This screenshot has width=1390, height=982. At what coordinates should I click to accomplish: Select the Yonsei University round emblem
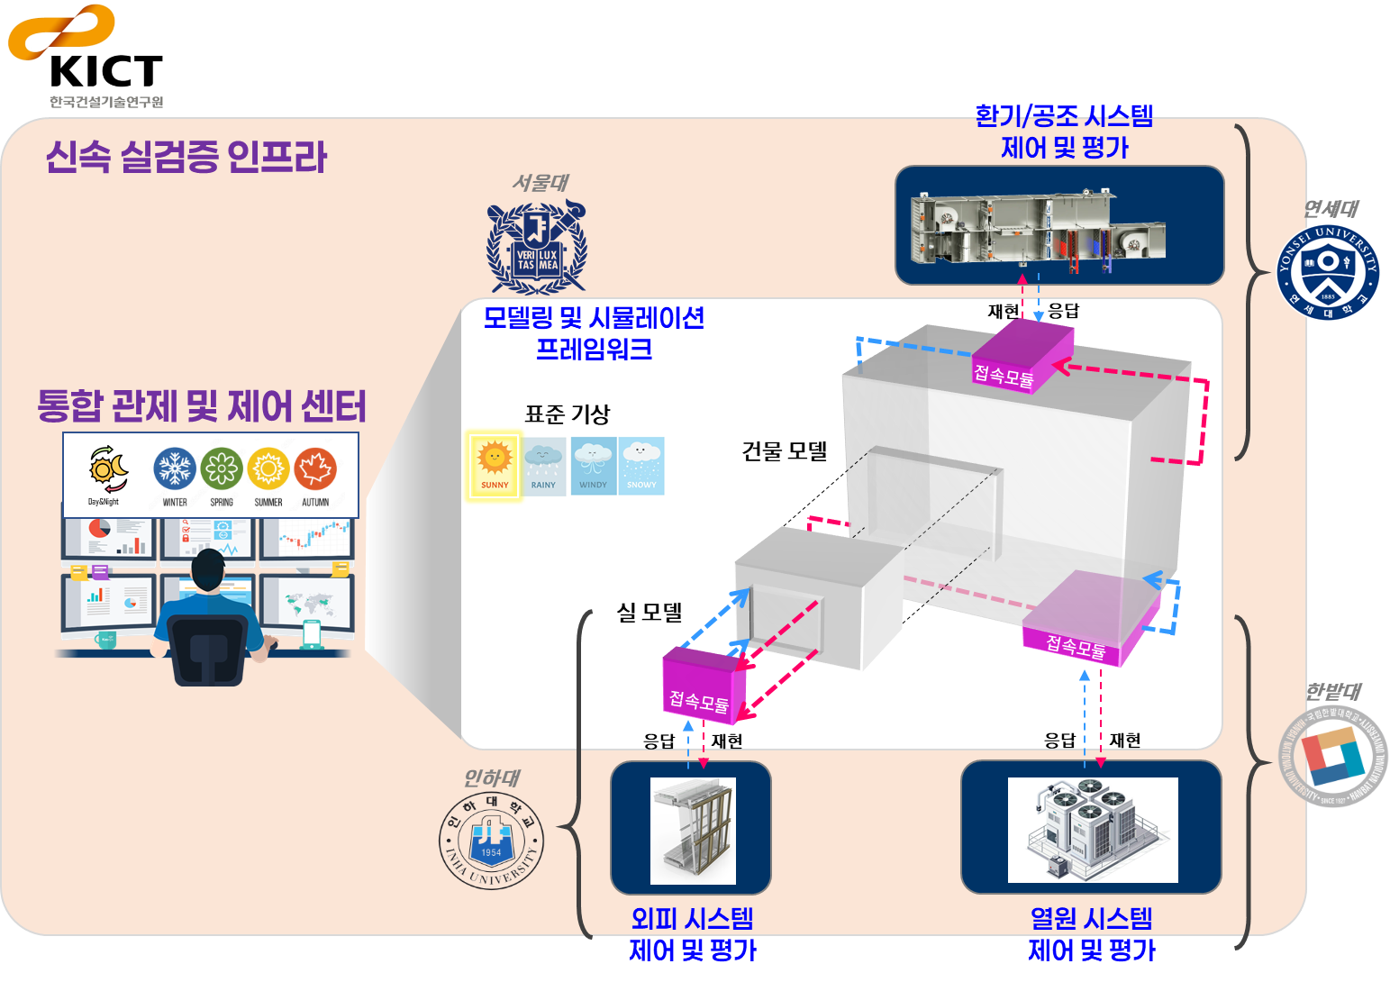1329,271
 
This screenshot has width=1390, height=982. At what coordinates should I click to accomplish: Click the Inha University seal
492,840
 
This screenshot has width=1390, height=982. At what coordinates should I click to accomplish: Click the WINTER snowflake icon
175,469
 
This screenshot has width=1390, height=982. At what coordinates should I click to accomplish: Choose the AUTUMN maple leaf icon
315,469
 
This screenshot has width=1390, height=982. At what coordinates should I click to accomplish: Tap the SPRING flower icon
222,469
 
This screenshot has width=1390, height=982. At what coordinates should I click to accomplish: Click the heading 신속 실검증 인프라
186,157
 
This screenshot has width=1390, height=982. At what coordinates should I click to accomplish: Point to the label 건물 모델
784,451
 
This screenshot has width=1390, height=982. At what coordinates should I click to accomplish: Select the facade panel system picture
692,830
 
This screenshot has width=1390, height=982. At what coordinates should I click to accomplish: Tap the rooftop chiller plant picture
1092,830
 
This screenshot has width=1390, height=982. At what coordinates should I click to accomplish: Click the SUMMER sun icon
268,469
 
